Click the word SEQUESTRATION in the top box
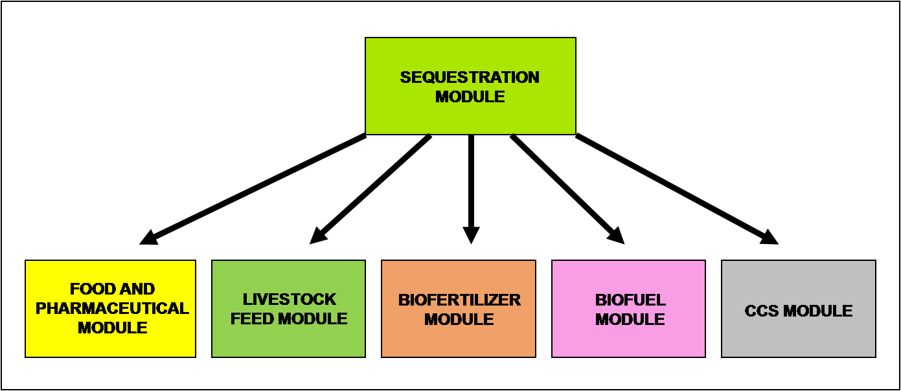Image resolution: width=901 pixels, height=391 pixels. tap(470, 78)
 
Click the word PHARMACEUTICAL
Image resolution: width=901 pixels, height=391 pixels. tap(112, 308)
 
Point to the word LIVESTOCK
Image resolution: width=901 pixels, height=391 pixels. tap(290, 300)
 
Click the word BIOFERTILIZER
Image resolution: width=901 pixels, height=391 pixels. tap(459, 300)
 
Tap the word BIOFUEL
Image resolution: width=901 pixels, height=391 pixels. tap(630, 300)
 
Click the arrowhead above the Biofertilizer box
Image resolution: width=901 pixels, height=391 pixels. tap(471, 235)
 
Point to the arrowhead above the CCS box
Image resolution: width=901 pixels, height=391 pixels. tap(770, 237)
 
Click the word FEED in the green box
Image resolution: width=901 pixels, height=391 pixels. tap(250, 319)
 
